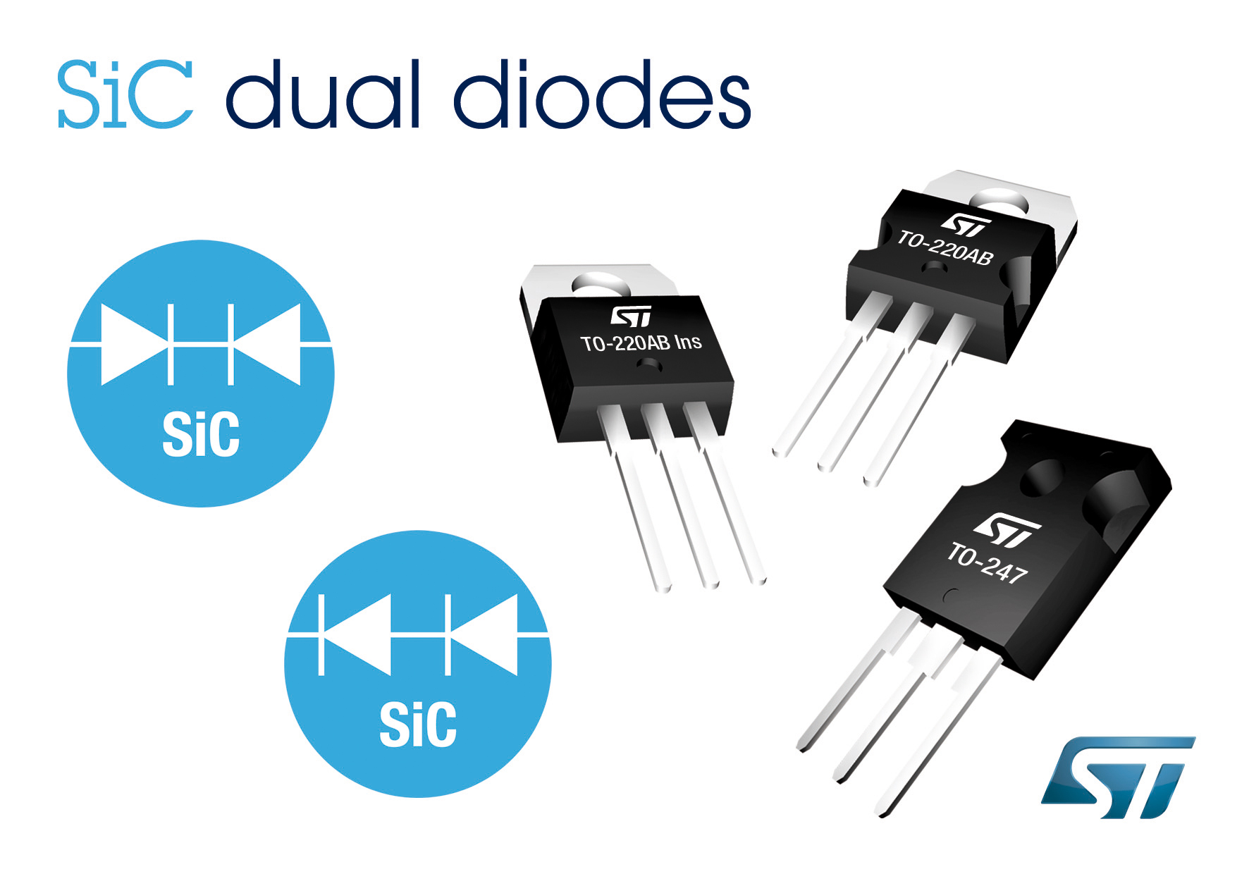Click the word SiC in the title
[125, 94]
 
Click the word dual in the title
[324, 94]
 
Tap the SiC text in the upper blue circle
[201, 434]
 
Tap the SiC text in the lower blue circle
[418, 724]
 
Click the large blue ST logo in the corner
[1118, 777]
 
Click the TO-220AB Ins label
[641, 343]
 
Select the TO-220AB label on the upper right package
[945, 247]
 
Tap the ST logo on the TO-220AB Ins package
[631, 316]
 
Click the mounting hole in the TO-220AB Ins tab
[600, 286]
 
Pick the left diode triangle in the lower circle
[356, 635]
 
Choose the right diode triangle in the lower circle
[484, 635]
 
